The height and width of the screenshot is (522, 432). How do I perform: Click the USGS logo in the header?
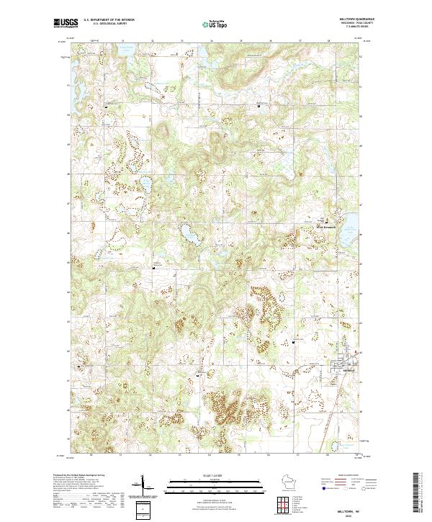coord(66,23)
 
